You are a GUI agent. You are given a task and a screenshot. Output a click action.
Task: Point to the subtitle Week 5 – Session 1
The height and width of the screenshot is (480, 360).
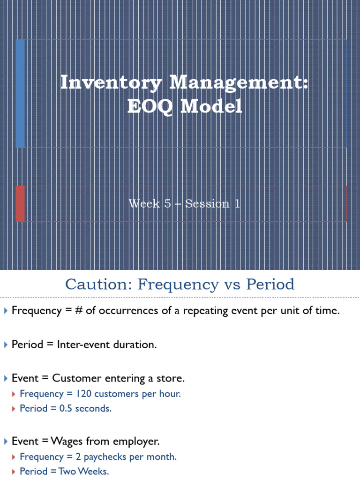pos(184,204)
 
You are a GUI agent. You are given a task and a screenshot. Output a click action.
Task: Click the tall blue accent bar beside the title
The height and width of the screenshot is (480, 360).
pos(20,93)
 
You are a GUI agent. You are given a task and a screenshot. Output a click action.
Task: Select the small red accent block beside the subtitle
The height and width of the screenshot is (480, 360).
pos(20,203)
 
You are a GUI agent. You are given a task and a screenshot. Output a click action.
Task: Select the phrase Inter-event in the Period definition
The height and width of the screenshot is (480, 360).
pos(79,345)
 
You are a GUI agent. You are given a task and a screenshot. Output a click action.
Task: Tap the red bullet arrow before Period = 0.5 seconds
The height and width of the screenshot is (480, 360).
pos(15,409)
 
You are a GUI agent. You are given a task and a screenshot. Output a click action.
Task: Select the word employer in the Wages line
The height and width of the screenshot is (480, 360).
pos(138,441)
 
